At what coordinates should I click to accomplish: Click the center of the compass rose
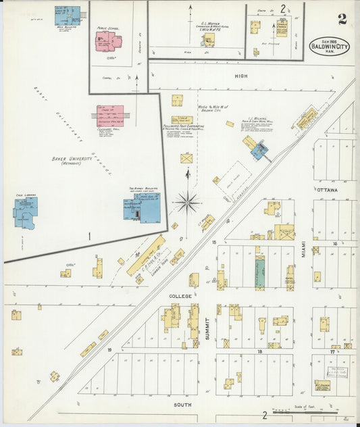[x=188, y=200]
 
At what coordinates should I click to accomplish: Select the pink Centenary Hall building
[x=109, y=116]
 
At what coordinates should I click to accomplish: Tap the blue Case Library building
[x=26, y=211]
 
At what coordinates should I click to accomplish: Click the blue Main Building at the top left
[x=68, y=15]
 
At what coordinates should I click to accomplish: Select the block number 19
[x=108, y=350]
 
